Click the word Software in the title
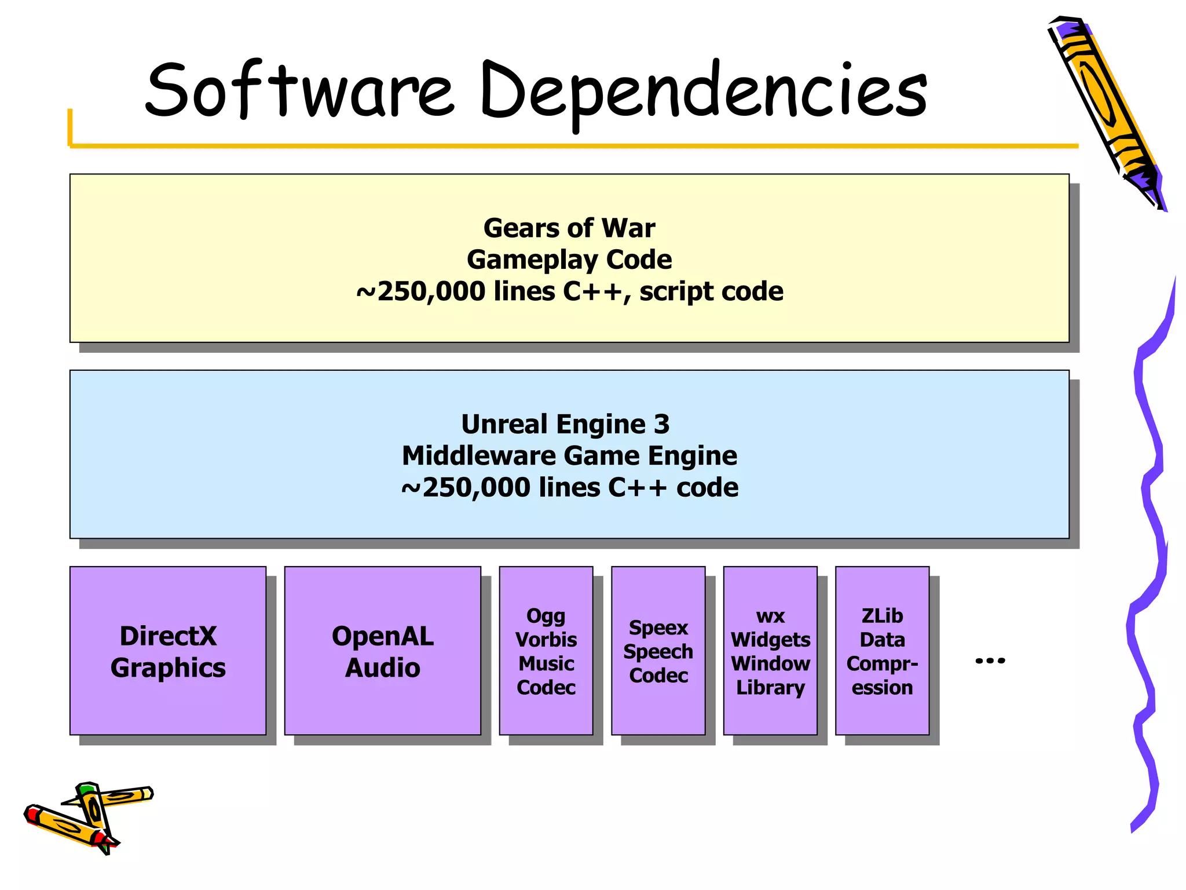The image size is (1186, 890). coord(299,90)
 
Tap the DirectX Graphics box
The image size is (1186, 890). coord(168,651)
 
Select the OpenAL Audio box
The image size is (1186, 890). coord(382,651)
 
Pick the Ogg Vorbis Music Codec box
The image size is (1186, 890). coord(546,651)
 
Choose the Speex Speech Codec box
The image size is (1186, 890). coord(658,651)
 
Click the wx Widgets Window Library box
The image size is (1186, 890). coord(770,651)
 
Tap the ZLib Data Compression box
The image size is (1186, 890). coord(882,651)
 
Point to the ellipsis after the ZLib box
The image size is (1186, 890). coord(990,660)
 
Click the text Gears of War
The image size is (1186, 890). coord(569,228)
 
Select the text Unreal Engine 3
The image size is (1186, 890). coord(565,424)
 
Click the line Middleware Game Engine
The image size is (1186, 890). coord(569,455)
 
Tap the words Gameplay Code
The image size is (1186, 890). coord(569,260)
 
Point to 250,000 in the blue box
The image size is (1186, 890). coord(476,487)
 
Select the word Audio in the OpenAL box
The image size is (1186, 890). coord(382,667)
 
